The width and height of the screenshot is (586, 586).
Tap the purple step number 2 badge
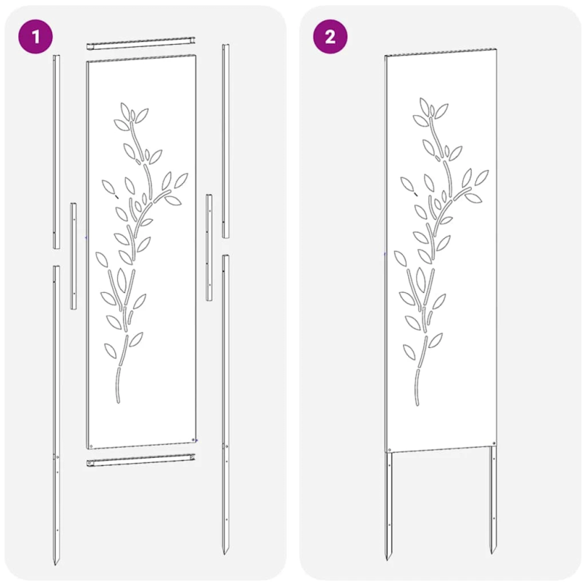pos(330,37)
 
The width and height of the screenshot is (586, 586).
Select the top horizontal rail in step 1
pos(142,45)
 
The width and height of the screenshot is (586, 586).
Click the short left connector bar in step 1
pos(73,255)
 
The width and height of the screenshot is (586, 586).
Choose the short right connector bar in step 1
pos(209,248)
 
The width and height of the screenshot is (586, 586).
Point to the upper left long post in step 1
pos(56,150)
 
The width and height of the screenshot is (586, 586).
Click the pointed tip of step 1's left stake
pos(56,563)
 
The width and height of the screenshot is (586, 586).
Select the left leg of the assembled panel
pos(390,505)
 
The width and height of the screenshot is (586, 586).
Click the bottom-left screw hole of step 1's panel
pos(90,444)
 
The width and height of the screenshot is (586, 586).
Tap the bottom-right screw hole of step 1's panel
pos(193,439)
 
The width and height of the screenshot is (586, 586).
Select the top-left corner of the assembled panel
pos(386,56)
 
